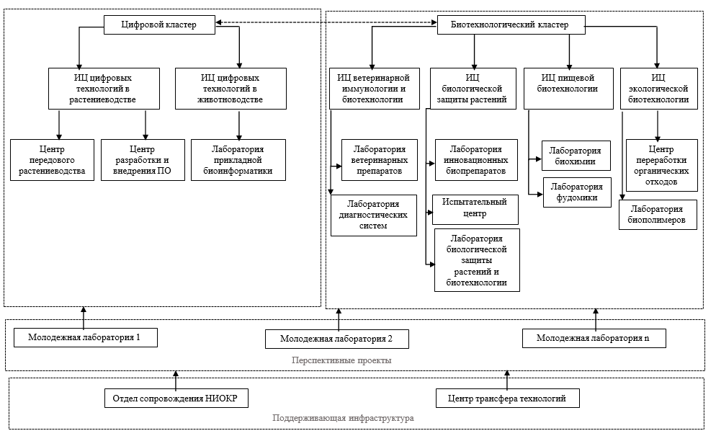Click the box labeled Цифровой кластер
[x=159, y=25]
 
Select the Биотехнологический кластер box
[x=511, y=25]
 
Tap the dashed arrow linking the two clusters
[x=326, y=22]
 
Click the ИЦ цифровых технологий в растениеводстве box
[x=104, y=89]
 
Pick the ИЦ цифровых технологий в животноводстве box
[x=231, y=89]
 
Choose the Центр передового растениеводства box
[x=52, y=160]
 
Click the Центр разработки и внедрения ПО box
[x=143, y=160]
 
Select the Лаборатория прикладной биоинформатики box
[x=238, y=160]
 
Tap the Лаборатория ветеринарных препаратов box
[x=380, y=160]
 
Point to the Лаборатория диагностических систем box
[x=374, y=215]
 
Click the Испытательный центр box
[x=475, y=209]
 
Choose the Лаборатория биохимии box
[x=576, y=156]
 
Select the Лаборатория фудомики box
[x=577, y=192]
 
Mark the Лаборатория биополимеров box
[x=658, y=215]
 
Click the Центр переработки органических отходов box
[x=662, y=165]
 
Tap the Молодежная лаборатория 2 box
[x=337, y=339]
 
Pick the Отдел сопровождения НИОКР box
[x=176, y=398]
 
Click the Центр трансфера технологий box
[x=508, y=398]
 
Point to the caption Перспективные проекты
[x=341, y=360]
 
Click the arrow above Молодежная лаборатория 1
[x=84, y=318]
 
